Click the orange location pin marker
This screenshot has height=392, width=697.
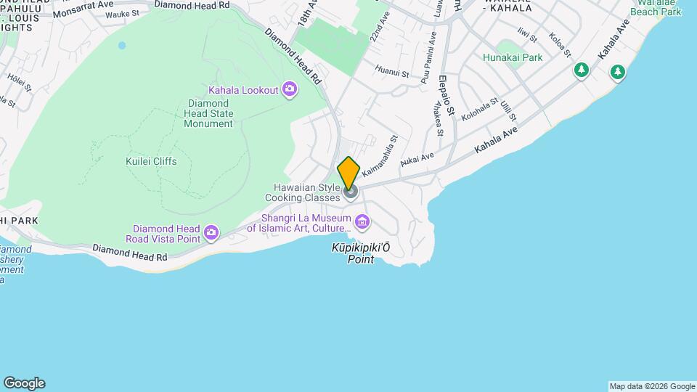[x=348, y=173]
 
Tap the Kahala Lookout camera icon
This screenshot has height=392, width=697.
[x=290, y=89]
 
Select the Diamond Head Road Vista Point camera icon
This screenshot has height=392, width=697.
[x=211, y=232]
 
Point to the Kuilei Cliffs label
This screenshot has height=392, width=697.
[x=151, y=161]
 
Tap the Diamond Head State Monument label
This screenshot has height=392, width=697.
[x=208, y=113]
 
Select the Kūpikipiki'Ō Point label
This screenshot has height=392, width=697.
[x=361, y=253]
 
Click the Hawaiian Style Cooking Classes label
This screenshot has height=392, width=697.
[x=302, y=192]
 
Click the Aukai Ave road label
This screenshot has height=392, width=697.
[x=417, y=159]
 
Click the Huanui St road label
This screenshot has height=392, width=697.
[x=389, y=71]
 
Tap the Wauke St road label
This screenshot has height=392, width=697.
[x=122, y=14]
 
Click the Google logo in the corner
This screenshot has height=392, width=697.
[x=24, y=383]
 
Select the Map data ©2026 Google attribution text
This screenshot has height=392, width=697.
[x=652, y=386]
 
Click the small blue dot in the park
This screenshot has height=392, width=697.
[x=122, y=45]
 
